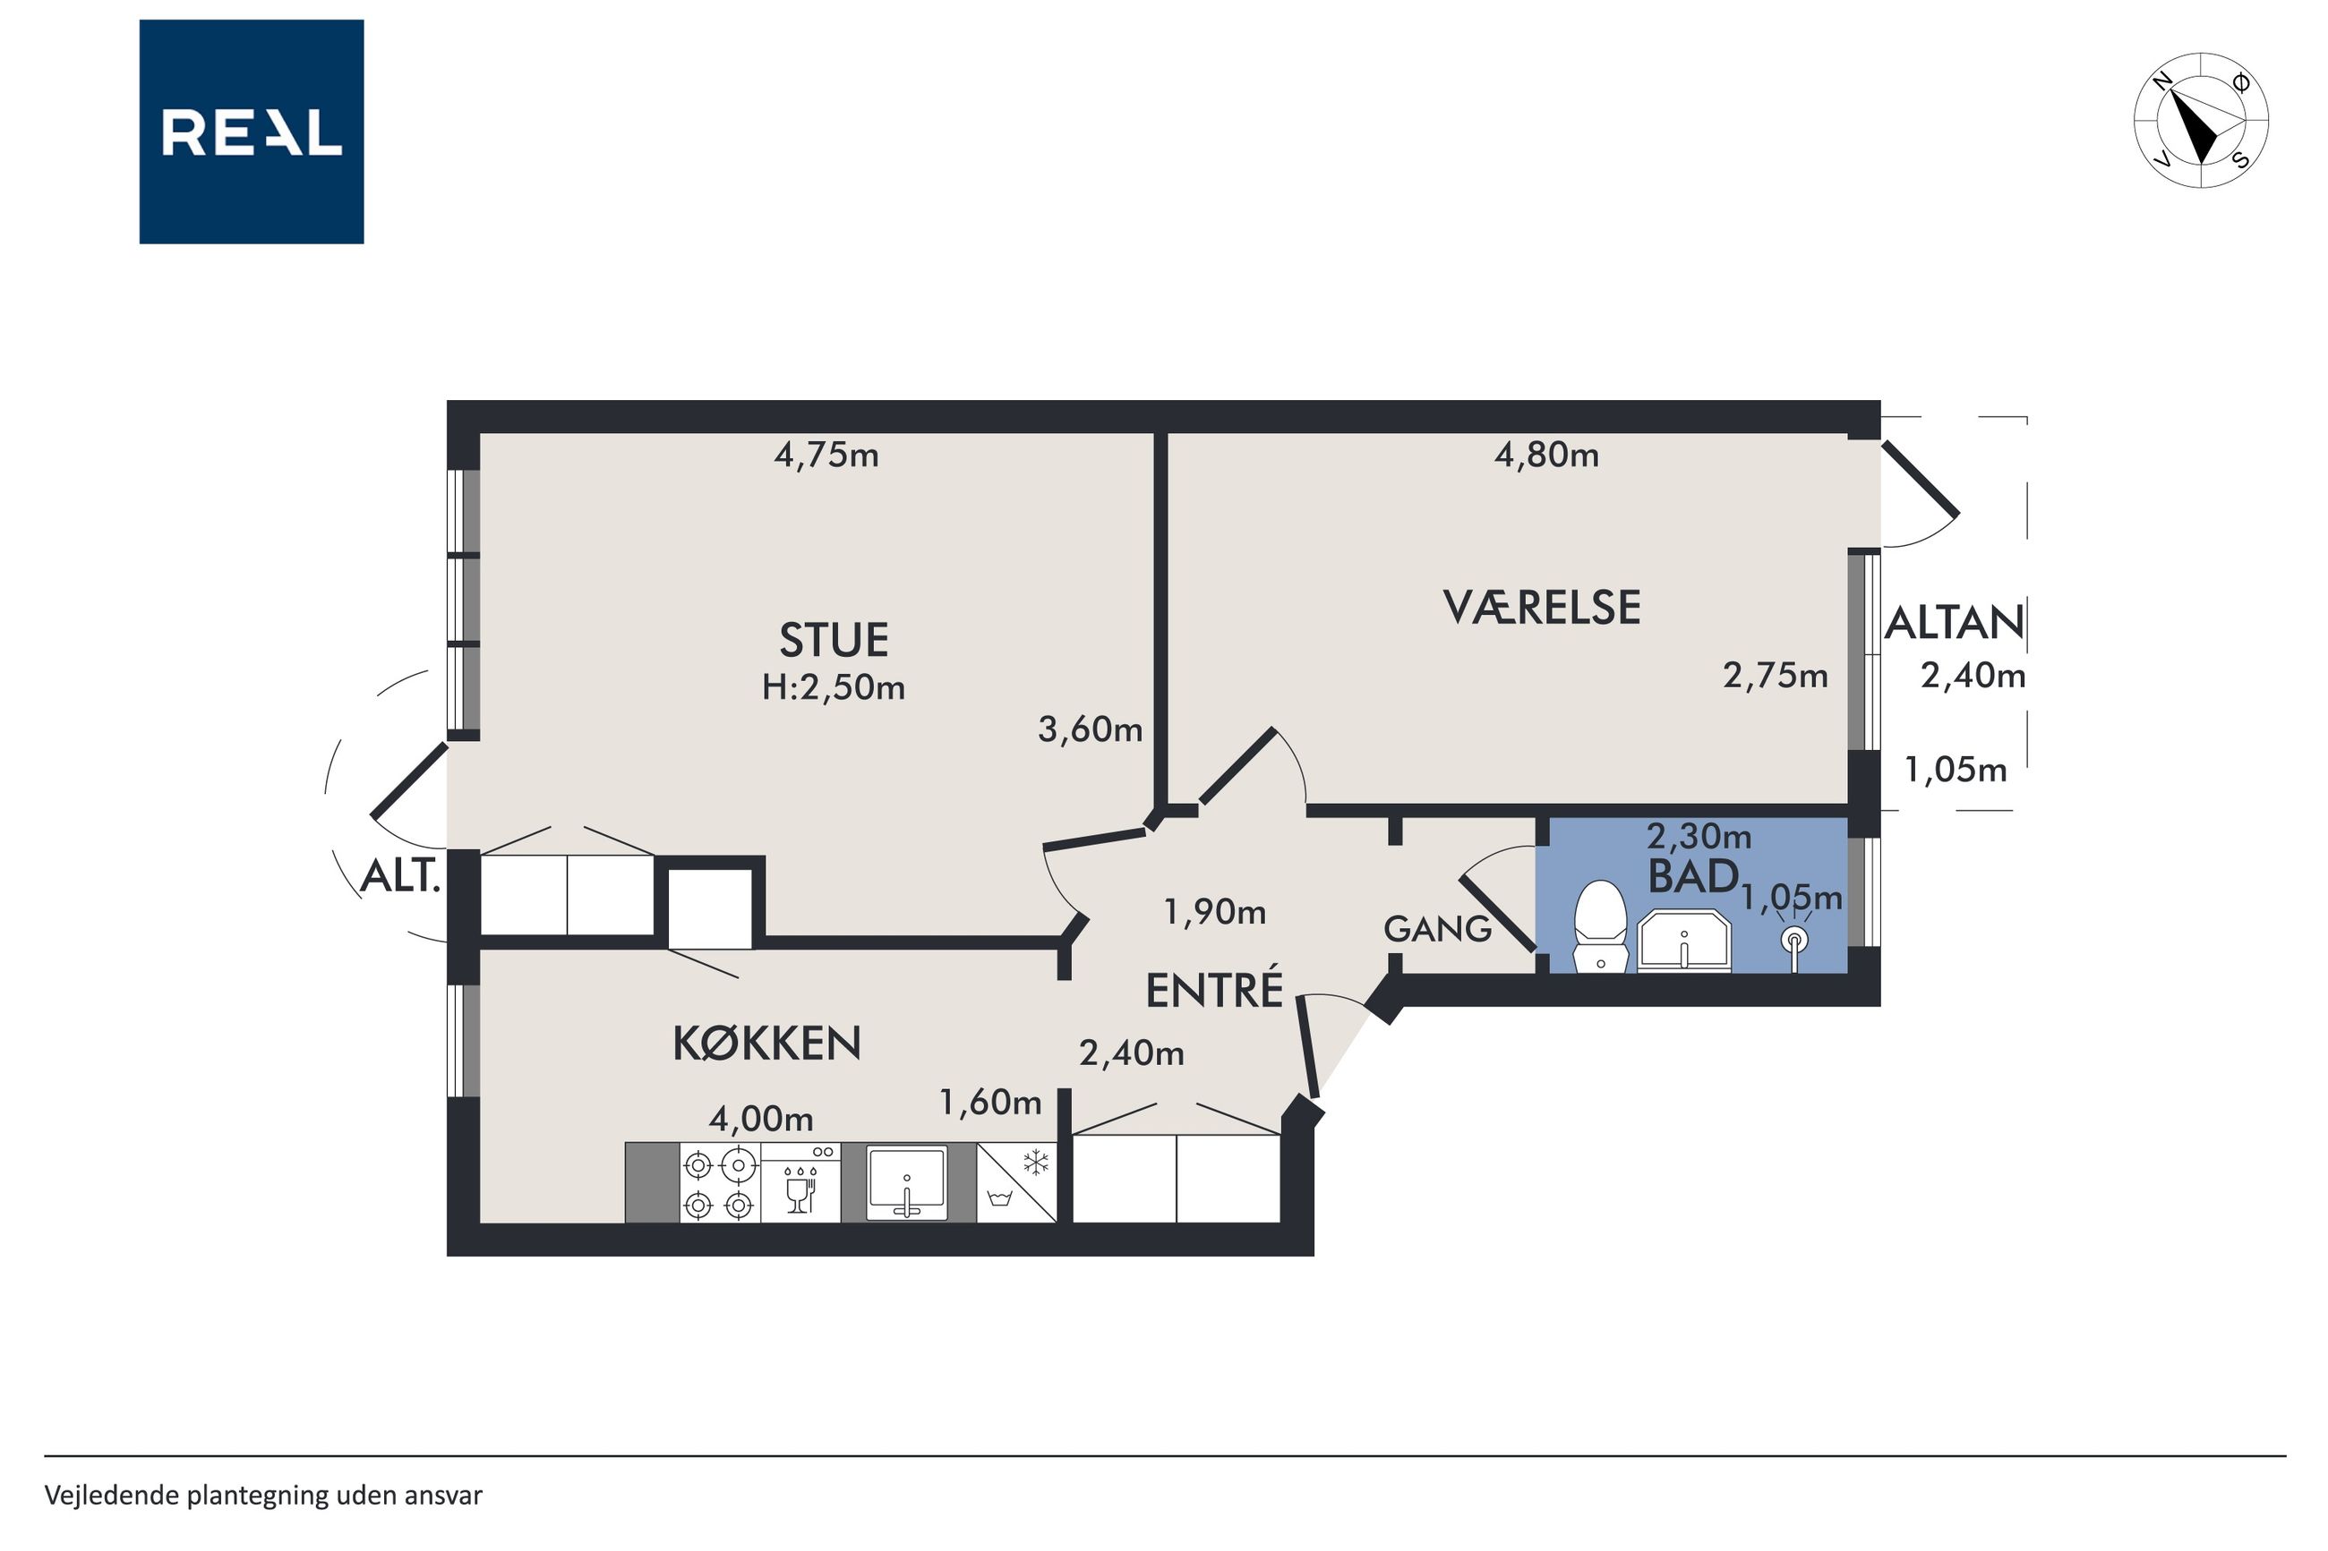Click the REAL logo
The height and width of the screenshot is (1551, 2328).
tap(252, 132)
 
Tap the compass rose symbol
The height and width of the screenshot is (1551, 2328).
tap(2202, 121)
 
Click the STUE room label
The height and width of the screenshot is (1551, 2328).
tap(833, 641)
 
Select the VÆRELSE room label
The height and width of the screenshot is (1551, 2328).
tap(1542, 608)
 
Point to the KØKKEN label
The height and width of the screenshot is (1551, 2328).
tap(766, 1044)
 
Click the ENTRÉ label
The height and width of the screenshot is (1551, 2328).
tap(1214, 989)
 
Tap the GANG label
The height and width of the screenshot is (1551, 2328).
tap(1436, 929)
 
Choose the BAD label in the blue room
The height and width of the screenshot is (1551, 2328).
tap(1693, 876)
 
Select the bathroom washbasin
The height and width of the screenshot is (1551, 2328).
tap(1684, 942)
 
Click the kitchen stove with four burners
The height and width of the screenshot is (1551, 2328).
tap(719, 1184)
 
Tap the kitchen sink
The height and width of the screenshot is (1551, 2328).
tap(906, 1183)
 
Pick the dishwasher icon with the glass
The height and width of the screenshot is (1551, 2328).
tap(800, 1184)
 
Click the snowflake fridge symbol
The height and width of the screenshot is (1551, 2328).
tap(1036, 1163)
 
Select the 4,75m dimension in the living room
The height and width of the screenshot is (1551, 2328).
tap(826, 455)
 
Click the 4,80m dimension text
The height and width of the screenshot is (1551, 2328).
tap(1546, 455)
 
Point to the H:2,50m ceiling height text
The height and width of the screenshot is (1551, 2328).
tap(833, 687)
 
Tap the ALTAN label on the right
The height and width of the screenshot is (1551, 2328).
tap(1954, 623)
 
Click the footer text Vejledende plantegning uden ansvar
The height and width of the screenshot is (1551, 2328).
tap(263, 1496)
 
